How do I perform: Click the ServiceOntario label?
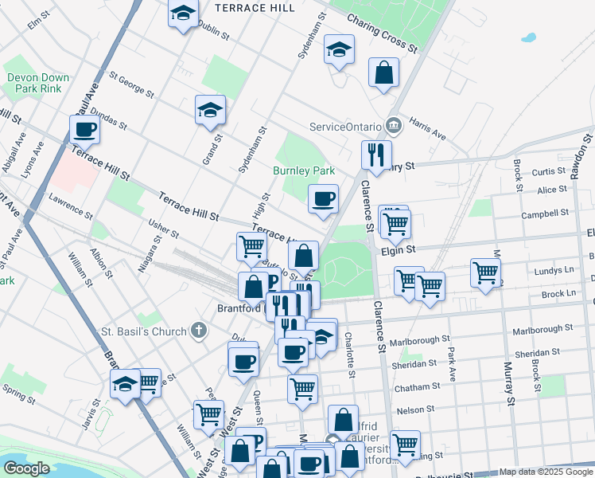pyautogui.click(x=345, y=127)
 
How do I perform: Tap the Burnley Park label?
pyautogui.click(x=304, y=170)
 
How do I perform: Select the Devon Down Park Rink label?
pyautogui.click(x=38, y=83)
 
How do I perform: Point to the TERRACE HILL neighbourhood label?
pyautogui.click(x=255, y=8)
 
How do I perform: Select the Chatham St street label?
pyautogui.click(x=418, y=386)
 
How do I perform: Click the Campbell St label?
pyautogui.click(x=545, y=214)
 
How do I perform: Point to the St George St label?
pyautogui.click(x=131, y=82)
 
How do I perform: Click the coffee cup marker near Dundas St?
pyautogui.click(x=85, y=128)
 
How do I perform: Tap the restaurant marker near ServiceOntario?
pyautogui.click(x=375, y=153)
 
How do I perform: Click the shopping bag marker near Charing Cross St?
pyautogui.click(x=383, y=72)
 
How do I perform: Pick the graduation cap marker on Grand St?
pyautogui.click(x=211, y=109)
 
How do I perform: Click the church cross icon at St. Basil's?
pyautogui.click(x=199, y=331)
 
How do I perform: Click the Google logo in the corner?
pyautogui.click(x=27, y=468)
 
